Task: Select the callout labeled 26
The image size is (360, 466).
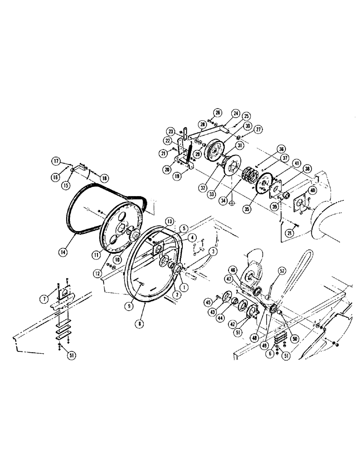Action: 217,112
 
